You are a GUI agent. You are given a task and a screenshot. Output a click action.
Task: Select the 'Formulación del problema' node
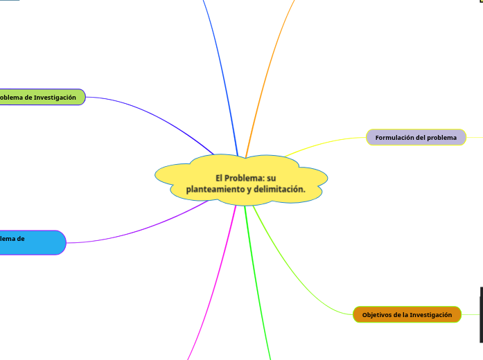click(x=416, y=138)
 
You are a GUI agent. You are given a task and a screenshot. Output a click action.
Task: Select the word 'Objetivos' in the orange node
click(x=378, y=315)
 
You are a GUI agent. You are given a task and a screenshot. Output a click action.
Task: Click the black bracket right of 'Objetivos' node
click(x=481, y=315)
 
